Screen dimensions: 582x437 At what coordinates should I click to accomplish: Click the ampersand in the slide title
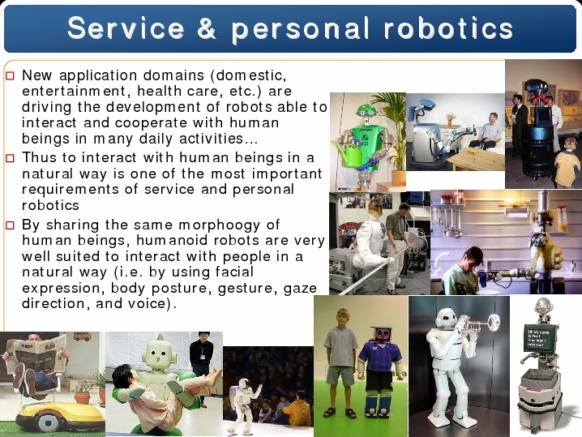207,28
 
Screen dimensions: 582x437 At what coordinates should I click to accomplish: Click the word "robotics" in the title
448,28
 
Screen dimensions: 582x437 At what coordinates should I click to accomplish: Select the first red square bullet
10,76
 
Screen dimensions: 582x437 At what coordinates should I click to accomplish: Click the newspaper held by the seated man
36,351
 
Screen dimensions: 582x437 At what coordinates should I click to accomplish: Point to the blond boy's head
343,317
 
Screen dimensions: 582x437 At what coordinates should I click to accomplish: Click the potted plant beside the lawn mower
83,392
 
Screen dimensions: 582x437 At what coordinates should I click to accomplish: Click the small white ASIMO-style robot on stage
244,405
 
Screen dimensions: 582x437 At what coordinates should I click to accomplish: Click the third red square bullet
10,225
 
